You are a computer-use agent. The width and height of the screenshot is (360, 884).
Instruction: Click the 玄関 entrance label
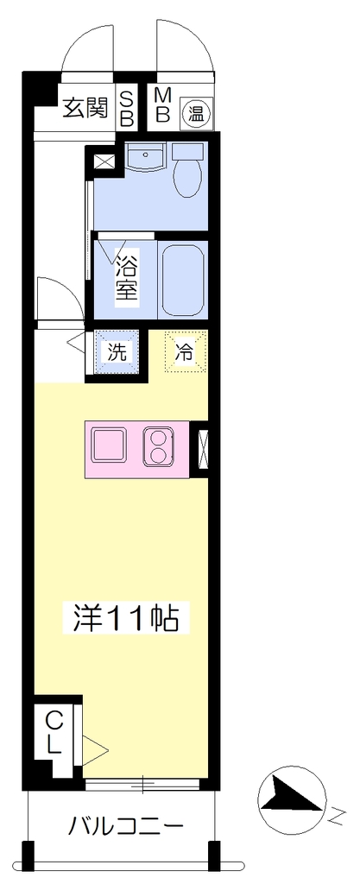(85, 107)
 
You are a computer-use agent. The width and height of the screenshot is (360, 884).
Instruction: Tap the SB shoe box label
(128, 108)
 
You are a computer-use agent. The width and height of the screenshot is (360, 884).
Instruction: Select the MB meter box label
(162, 105)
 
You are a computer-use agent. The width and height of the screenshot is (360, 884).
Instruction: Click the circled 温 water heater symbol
(196, 114)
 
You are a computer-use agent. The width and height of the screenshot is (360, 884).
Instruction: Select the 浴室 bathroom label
(127, 278)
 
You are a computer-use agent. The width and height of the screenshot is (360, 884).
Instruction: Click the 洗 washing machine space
(117, 352)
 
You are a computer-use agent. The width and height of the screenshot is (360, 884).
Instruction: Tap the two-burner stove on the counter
(158, 446)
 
